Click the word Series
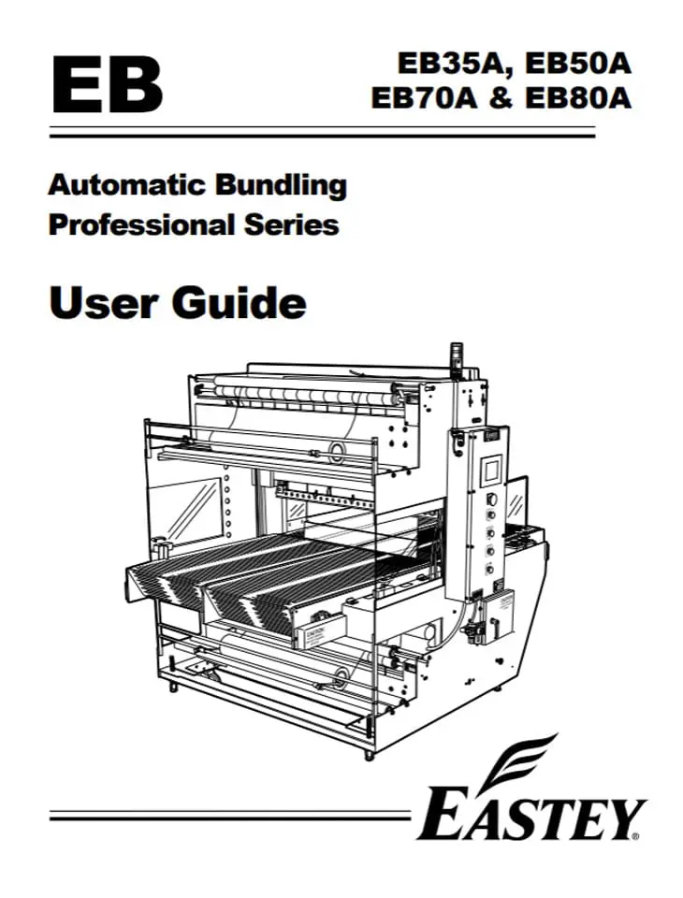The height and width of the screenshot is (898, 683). click(x=290, y=224)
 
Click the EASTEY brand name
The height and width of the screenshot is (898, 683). click(x=530, y=816)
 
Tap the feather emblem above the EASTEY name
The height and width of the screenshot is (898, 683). click(x=530, y=760)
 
